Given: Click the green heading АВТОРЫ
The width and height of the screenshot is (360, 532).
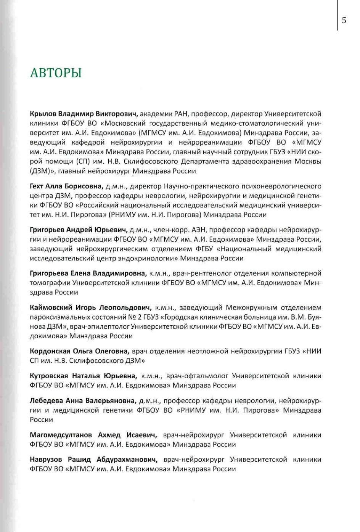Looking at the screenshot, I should [56, 72].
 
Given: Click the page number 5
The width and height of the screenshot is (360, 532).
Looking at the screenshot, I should [344, 20].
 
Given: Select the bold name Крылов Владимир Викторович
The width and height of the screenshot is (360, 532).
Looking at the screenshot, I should [83, 114].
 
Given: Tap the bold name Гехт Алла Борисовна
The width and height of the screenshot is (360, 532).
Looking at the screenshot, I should [67, 186].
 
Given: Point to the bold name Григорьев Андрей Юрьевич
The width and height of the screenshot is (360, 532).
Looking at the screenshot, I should [79, 230].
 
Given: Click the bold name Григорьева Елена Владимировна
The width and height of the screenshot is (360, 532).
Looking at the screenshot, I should [88, 273].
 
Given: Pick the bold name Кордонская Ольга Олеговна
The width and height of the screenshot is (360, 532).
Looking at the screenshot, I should [80, 351].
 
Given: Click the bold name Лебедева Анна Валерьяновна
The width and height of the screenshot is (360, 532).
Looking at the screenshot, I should [83, 400].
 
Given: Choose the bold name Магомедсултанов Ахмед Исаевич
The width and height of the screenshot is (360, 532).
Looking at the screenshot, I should [94, 435].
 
